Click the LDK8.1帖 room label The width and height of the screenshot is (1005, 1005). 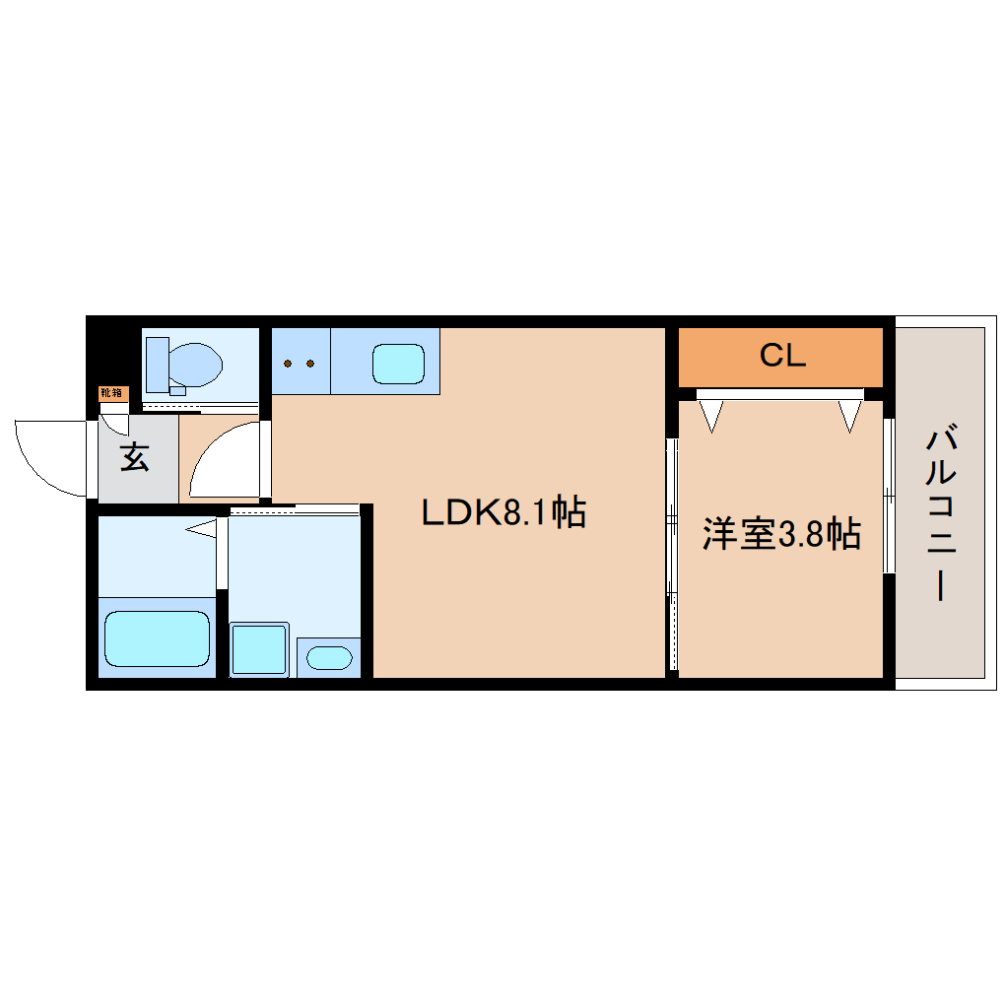tap(503, 512)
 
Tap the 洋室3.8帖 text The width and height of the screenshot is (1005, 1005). tap(781, 534)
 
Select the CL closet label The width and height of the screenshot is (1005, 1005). tap(782, 356)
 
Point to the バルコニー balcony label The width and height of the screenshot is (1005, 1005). tap(942, 512)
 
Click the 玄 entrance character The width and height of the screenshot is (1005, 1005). tap(135, 457)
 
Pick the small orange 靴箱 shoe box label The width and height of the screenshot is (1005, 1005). tap(112, 393)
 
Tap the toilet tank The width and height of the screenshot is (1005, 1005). tap(157, 365)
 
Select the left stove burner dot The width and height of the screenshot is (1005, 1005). tap(288, 364)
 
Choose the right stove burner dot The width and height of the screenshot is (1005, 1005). tap(311, 364)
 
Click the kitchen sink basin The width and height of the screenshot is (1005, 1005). tap(398, 364)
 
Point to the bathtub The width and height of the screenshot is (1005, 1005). tap(158, 638)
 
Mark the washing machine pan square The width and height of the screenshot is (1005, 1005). tap(259, 648)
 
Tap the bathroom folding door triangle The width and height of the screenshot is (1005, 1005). tap(203, 529)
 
